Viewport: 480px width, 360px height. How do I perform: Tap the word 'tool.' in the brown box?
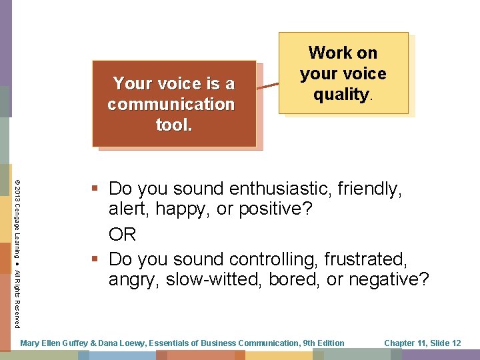[173, 125]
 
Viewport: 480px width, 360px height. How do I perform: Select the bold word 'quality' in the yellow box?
[341, 94]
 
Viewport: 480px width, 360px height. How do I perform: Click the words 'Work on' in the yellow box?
[343, 53]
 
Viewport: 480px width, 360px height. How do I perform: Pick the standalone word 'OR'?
[123, 234]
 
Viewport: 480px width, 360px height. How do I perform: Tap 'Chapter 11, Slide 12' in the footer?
[423, 343]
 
